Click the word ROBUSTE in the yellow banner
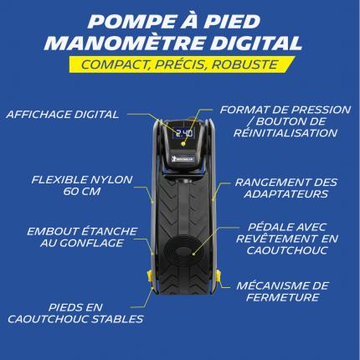tap(244, 64)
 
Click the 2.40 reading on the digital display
tap(183, 133)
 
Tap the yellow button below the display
tap(183, 144)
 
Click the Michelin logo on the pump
tap(183, 159)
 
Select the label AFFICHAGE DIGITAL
tap(63, 115)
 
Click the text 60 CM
tap(82, 192)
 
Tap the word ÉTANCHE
tap(109, 231)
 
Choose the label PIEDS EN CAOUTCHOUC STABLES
tap(75, 313)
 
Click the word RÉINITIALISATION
tap(285, 133)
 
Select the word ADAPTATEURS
tap(286, 194)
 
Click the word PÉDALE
tap(268, 227)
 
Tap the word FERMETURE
tap(282, 297)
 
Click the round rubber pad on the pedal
tap(183, 250)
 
